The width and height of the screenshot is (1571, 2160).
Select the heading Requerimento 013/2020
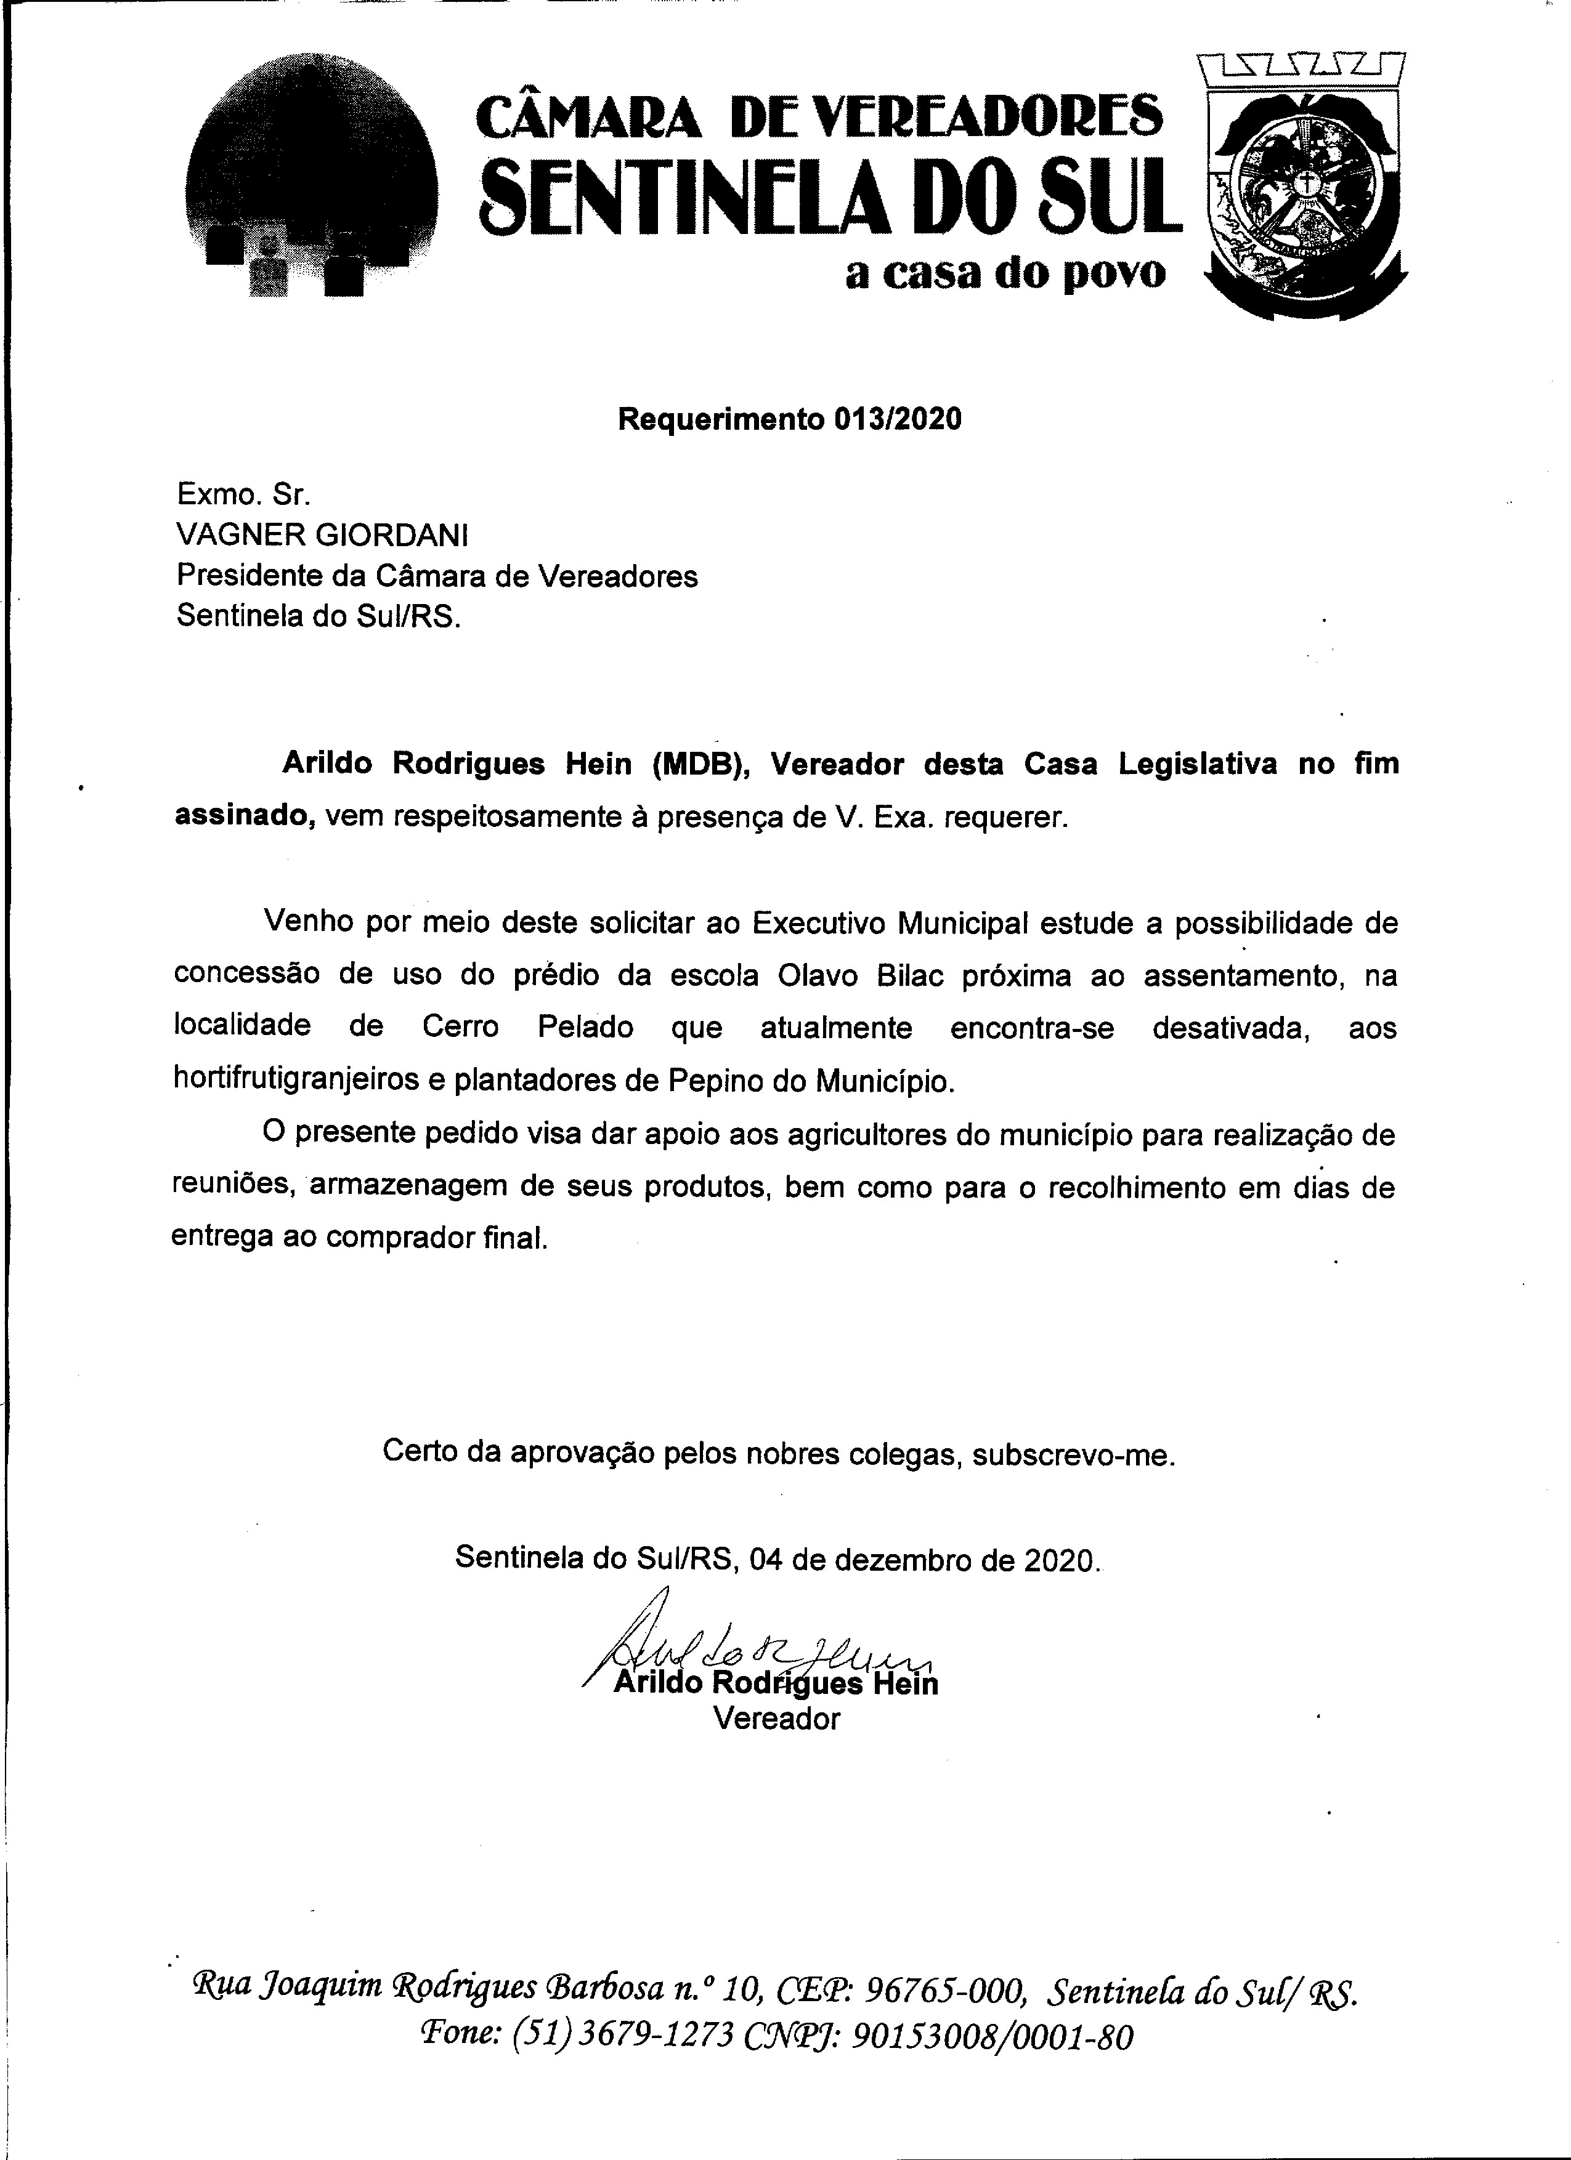click(790, 419)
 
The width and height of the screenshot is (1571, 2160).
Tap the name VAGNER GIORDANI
click(322, 536)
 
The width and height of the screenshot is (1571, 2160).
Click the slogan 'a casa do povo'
click(1005, 273)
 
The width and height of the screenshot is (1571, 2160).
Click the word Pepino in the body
click(715, 1081)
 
